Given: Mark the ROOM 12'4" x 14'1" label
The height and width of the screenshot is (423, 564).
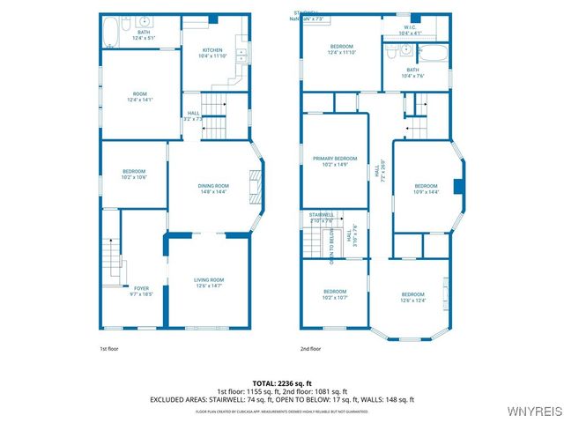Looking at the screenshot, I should click(x=140, y=97).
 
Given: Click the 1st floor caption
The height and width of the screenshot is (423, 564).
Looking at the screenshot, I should click(x=108, y=349).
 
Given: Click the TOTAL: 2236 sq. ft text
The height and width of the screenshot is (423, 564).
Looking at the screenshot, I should click(x=281, y=383).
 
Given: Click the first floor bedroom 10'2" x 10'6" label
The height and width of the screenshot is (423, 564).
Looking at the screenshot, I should click(x=134, y=174).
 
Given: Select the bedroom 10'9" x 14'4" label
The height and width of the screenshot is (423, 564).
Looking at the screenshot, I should click(x=426, y=189).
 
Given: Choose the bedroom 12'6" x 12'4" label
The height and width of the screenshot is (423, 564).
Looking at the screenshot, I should click(x=413, y=297).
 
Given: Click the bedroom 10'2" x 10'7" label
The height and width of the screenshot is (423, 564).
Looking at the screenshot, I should click(x=335, y=294).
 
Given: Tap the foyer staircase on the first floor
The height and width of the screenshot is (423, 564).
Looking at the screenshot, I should click(x=109, y=257).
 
